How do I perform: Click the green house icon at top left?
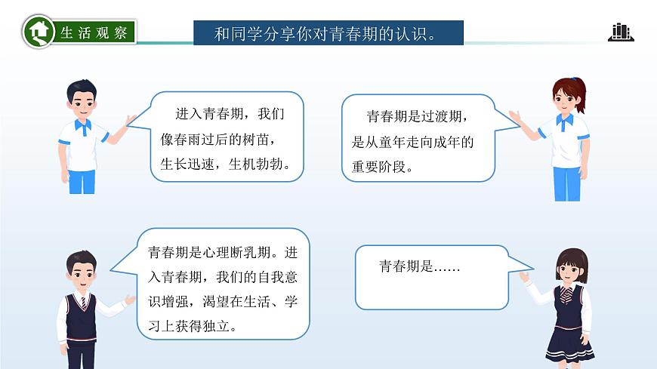point(37,32)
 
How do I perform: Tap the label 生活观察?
point(95,32)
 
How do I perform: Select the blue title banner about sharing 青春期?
point(328,33)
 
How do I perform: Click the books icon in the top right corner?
point(620,32)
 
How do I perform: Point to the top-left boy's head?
point(82,94)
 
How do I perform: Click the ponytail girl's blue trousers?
point(566,182)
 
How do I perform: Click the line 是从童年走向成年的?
point(413,142)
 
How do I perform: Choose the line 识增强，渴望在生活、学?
point(222,302)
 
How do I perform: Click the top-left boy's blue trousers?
point(82,181)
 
